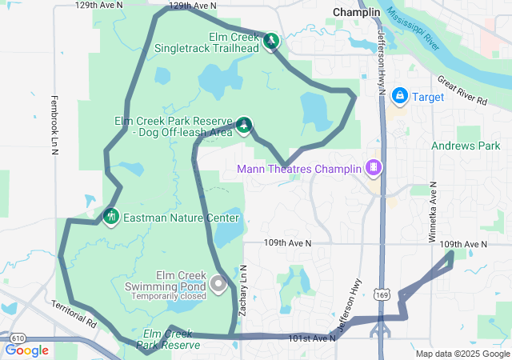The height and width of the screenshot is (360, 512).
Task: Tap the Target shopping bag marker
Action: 399,97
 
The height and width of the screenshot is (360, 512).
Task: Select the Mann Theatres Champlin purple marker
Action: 372,167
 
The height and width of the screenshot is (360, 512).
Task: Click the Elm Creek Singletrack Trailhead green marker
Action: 271,41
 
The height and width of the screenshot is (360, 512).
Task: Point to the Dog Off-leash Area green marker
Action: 243,125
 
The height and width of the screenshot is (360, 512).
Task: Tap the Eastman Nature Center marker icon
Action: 110,216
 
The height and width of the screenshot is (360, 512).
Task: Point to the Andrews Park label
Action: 466,146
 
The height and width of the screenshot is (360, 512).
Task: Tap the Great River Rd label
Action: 462,90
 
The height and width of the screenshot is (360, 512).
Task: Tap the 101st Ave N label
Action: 311,338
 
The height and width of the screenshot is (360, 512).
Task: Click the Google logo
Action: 26,350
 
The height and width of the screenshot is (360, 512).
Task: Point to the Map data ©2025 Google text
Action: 462,354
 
